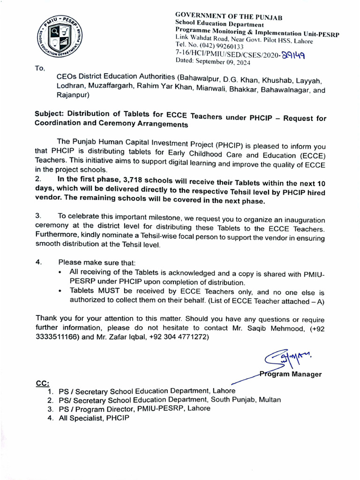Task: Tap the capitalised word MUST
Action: point(107,291)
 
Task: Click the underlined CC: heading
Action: point(43,383)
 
